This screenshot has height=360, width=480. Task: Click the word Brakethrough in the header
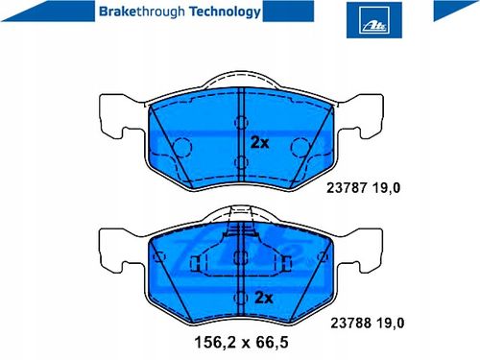point(142,12)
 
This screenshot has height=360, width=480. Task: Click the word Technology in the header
point(225,12)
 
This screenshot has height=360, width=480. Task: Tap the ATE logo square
point(374,20)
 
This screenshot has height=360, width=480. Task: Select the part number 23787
point(347,187)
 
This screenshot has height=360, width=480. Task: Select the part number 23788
point(350,323)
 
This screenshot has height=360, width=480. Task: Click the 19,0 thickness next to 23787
point(386,188)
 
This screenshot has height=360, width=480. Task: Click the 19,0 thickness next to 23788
point(391,324)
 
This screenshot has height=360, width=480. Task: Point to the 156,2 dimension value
point(215,343)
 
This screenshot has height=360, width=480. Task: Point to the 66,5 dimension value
point(272,343)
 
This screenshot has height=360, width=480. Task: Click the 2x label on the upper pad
point(259,142)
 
